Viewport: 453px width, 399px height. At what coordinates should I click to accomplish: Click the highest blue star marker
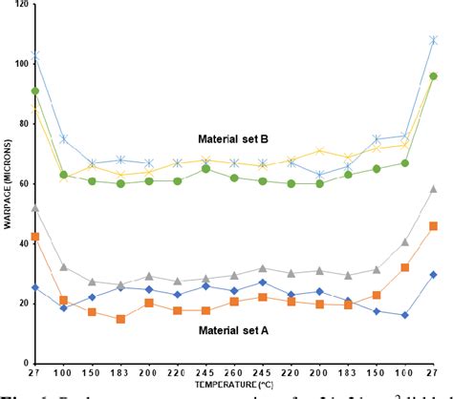pyautogui.click(x=433, y=40)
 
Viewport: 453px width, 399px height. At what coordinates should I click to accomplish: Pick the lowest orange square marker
pyautogui.click(x=120, y=319)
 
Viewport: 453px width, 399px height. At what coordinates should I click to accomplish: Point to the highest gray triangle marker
pyautogui.click(x=433, y=189)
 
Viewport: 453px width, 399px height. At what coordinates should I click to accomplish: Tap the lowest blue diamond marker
pyautogui.click(x=405, y=315)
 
